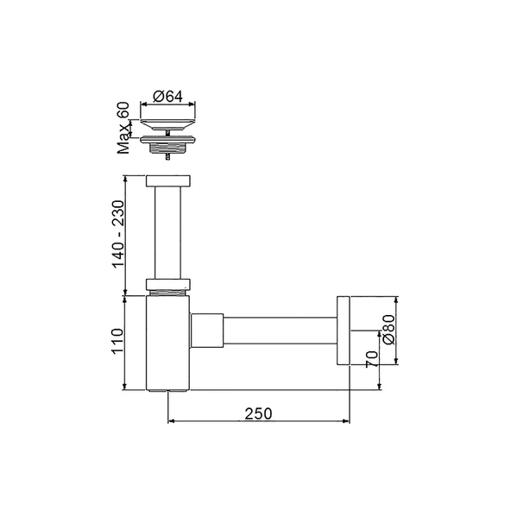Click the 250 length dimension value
pos(257,413)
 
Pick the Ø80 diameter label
pos(388,329)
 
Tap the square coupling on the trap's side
pos(206,331)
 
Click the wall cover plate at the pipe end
pos(343,331)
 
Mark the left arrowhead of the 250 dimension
pos(170,421)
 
